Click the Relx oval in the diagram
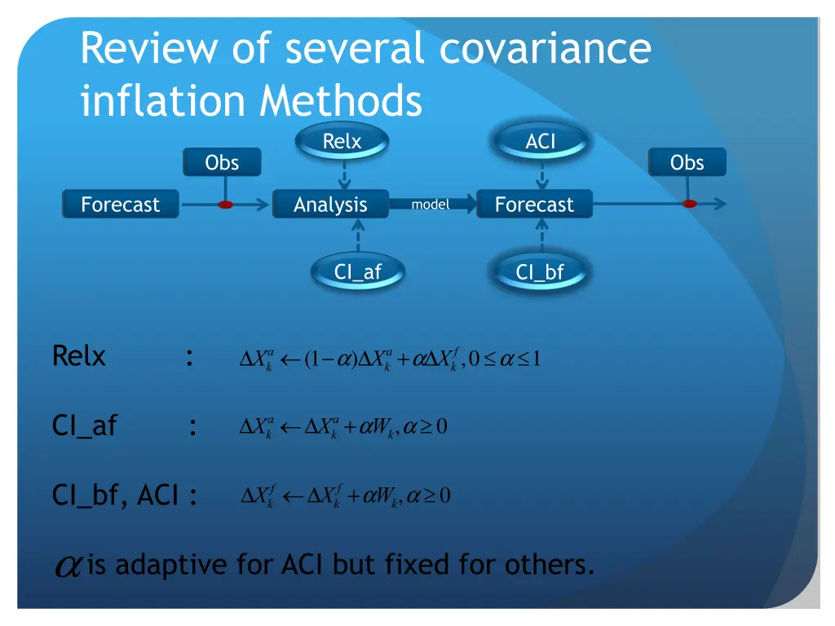pos(342,142)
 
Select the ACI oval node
pos(540,142)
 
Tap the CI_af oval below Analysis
pos(358,271)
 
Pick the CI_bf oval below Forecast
pos(540,271)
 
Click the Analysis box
pos(330,205)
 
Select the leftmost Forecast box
pos(121,205)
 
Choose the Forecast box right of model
pos(534,205)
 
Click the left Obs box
pos(222,163)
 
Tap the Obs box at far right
pos(687,163)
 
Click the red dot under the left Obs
pos(226,205)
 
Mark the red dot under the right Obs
pos(690,204)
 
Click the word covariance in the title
pos(545,49)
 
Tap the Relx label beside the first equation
pos(79,357)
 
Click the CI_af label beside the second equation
pos(85,425)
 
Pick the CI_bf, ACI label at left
pos(115,495)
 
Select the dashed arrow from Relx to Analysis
pos(343,174)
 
